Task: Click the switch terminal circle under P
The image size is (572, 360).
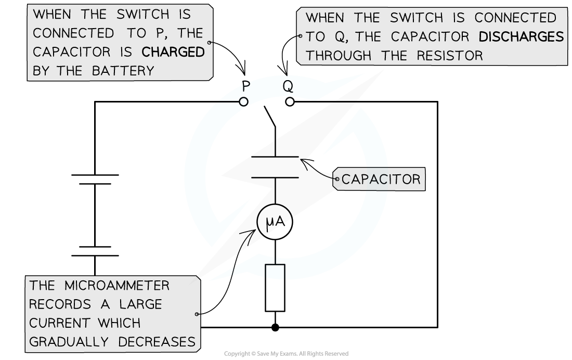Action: click(243, 102)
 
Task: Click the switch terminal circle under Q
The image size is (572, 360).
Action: click(290, 102)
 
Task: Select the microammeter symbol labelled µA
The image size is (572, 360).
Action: click(276, 223)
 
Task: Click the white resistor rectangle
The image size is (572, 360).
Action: click(275, 288)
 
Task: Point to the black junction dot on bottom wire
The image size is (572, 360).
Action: click(275, 327)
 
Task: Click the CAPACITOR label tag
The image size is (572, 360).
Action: click(381, 179)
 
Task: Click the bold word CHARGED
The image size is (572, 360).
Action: click(173, 52)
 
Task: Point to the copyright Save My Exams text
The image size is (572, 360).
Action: click(286, 354)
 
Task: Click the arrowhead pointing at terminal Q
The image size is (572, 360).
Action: click(284, 71)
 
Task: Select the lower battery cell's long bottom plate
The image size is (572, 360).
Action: click(95, 255)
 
